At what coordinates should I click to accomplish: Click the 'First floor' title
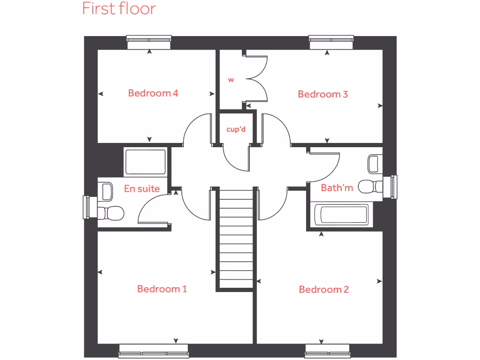[119, 8]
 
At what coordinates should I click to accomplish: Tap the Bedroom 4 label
[153, 93]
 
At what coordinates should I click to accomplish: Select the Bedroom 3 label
[322, 94]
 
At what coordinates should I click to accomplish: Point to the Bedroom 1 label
[162, 289]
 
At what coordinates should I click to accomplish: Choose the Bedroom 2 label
[323, 289]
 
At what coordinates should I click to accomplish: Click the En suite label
[142, 188]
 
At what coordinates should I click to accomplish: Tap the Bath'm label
[337, 188]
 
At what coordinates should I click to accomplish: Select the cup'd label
[236, 129]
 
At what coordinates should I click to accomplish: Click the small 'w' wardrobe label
[231, 80]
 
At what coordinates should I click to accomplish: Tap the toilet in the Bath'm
[369, 186]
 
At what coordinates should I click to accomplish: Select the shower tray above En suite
[145, 162]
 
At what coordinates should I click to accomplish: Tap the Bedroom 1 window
[154, 351]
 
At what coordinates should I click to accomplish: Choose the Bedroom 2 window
[328, 351]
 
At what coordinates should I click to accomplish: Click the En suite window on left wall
[87, 207]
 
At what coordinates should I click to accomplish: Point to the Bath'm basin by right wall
[374, 164]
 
